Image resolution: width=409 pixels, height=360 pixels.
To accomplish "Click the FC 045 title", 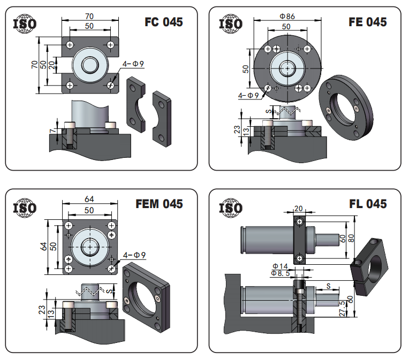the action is [x=164, y=22].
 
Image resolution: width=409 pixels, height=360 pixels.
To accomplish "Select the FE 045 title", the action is [x=368, y=22].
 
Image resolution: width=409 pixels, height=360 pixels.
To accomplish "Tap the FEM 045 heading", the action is [x=159, y=204].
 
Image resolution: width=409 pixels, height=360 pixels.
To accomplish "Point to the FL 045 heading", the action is [x=368, y=204].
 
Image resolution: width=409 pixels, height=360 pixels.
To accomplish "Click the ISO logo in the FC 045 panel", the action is [x=25, y=24].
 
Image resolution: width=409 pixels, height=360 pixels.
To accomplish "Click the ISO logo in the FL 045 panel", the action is [x=231, y=208].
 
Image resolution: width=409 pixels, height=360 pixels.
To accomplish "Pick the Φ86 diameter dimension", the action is [x=287, y=16].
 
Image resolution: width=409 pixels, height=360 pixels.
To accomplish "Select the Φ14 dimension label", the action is [x=280, y=266].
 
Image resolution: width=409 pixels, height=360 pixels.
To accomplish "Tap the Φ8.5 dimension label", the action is [x=280, y=273].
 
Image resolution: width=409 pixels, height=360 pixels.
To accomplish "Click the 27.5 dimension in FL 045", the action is [x=342, y=309].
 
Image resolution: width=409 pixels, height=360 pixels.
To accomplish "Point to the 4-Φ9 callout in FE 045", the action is [x=248, y=95].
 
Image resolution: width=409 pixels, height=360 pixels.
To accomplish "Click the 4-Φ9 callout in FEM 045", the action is [x=134, y=255].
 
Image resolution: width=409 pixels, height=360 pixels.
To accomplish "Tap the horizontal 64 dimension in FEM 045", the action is [x=89, y=199].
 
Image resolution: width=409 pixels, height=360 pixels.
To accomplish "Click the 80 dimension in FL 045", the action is [x=351, y=238].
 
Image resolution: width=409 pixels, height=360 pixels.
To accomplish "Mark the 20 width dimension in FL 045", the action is [x=298, y=209].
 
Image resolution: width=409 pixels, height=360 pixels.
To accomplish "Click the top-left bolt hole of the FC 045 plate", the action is [x=70, y=45].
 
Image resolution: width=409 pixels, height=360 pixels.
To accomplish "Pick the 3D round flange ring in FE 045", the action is [x=346, y=108].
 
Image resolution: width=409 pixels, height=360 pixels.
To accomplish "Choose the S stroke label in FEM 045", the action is [x=111, y=290].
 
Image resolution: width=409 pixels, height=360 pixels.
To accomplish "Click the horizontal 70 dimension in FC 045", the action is [x=89, y=17].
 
